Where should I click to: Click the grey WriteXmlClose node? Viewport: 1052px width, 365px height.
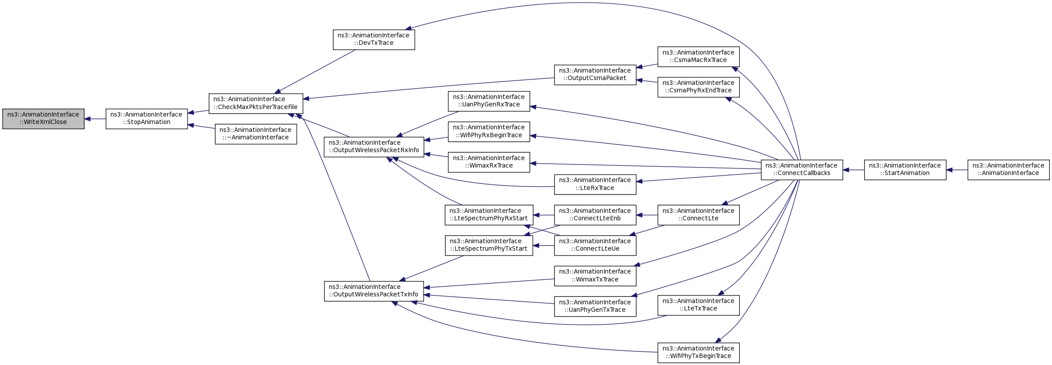click(x=43, y=119)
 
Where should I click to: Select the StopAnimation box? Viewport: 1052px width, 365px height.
click(x=147, y=119)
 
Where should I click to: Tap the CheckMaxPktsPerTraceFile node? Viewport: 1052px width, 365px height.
click(x=256, y=103)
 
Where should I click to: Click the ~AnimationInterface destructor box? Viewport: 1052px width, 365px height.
click(x=256, y=134)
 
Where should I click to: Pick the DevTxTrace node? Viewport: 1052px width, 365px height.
click(x=374, y=40)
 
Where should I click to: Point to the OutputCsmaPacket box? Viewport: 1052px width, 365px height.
click(x=595, y=75)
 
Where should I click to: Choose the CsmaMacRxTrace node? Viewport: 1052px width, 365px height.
click(x=698, y=57)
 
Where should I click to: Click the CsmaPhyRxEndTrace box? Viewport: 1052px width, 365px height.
click(x=698, y=87)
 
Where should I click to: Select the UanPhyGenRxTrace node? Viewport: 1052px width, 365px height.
click(x=489, y=101)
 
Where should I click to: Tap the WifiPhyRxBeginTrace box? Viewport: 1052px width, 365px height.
click(x=489, y=131)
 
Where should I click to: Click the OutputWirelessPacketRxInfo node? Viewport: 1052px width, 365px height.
click(x=374, y=147)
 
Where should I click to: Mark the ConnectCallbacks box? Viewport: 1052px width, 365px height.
click(x=802, y=170)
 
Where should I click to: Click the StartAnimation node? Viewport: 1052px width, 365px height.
click(x=905, y=170)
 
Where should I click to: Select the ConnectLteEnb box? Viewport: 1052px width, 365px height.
click(x=595, y=215)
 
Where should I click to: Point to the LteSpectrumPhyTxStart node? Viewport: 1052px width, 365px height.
click(x=489, y=245)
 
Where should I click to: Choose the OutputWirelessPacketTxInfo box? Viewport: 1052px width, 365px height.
click(x=374, y=291)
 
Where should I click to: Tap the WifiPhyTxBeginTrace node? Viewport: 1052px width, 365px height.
click(x=698, y=353)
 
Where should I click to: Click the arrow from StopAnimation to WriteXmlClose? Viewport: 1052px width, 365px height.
click(x=95, y=119)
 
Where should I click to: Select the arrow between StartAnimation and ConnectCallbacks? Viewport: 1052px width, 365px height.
click(x=853, y=170)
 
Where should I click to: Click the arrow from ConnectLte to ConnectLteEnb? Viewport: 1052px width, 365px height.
click(x=647, y=215)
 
